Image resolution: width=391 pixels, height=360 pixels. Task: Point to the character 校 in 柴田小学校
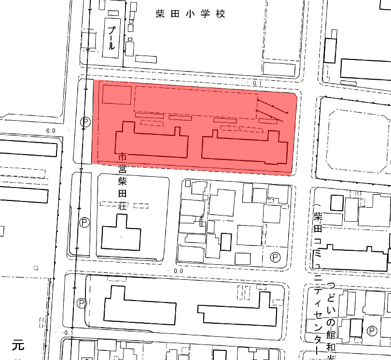(x=221, y=14)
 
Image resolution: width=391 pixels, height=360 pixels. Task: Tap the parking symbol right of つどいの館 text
(x=372, y=331)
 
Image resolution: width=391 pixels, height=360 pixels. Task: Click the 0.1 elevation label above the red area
(x=256, y=84)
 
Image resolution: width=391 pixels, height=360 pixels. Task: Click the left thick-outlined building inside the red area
(x=152, y=143)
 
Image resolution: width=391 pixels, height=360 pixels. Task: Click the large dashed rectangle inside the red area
(x=195, y=102)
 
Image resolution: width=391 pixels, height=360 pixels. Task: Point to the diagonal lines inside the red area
(x=272, y=111)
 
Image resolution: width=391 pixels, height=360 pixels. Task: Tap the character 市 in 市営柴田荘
(x=123, y=157)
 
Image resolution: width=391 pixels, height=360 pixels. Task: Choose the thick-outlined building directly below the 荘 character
(x=121, y=234)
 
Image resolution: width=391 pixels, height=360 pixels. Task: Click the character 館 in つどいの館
(x=331, y=334)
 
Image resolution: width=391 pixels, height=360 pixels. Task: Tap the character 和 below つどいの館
(x=331, y=346)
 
